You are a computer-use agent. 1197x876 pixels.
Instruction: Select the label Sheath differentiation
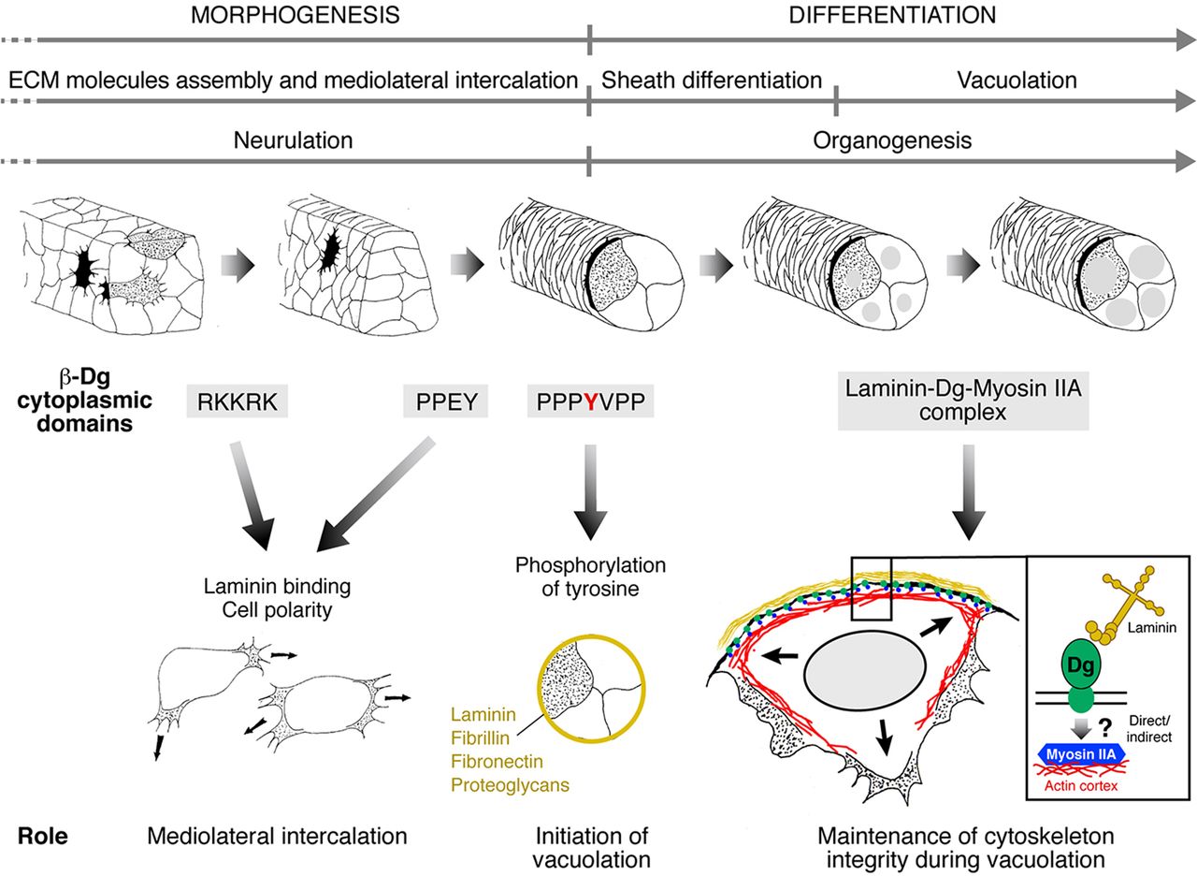pos(712,80)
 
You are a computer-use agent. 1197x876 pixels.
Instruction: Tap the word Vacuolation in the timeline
pos(1017,80)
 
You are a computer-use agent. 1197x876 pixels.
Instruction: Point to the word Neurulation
pos(293,140)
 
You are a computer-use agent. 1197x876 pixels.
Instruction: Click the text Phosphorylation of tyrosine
pos(589,577)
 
